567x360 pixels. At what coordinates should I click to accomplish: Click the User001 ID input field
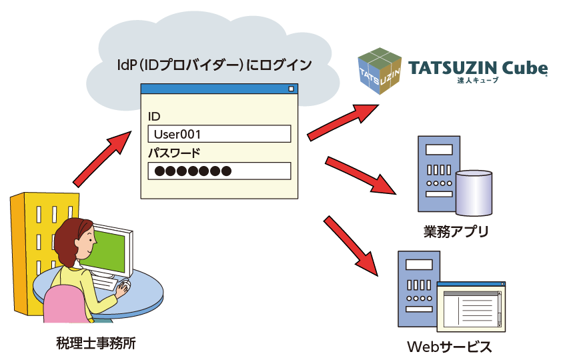[219, 134]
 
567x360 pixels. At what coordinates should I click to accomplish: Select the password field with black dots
[219, 171]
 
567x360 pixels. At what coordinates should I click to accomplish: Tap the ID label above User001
[154, 117]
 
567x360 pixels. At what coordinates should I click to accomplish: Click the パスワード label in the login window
[173, 153]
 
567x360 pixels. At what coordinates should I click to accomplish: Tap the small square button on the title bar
[291, 89]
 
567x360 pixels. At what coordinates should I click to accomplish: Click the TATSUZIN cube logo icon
[379, 71]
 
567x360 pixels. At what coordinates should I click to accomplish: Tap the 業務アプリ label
[456, 232]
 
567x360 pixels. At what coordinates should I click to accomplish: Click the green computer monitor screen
[110, 253]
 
